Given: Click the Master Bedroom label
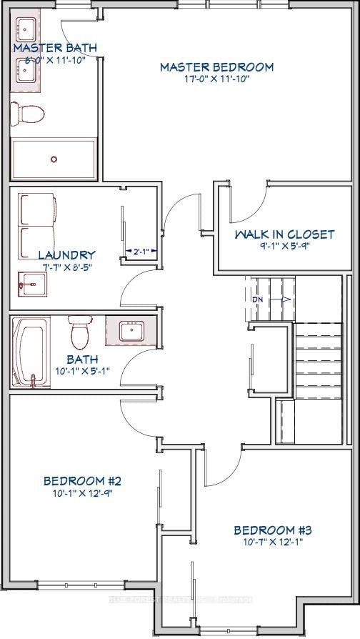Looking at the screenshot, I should tap(216, 67).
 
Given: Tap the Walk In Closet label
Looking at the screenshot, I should tap(284, 234).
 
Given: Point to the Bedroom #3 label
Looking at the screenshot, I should tap(273, 530).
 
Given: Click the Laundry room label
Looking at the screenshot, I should tap(66, 255).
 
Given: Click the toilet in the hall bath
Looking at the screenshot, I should tap(79, 330).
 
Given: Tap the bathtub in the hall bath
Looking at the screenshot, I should tap(30, 350).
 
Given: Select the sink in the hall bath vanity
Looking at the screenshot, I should tap(131, 331).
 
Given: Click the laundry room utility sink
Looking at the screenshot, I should tap(29, 284).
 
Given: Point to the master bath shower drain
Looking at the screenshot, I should tap(54, 159).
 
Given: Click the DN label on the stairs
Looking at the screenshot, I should tap(257, 299).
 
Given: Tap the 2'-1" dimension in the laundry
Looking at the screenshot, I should tap(140, 252).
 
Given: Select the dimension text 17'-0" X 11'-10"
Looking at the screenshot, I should tap(216, 79).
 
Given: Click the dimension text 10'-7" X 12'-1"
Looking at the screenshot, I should tap(273, 543).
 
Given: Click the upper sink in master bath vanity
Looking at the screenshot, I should tap(26, 31).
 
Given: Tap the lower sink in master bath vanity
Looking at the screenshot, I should tap(26, 70).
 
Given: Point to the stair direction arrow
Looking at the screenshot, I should tap(281, 299).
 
